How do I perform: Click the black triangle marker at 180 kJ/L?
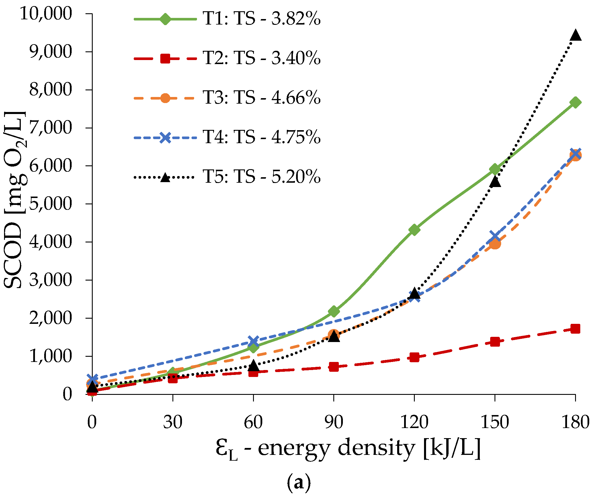[x=575, y=35]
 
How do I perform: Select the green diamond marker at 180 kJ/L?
[x=575, y=102]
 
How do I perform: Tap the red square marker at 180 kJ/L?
[x=575, y=329]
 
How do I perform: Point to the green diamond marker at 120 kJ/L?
[x=414, y=230]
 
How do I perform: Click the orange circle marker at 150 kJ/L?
[x=495, y=244]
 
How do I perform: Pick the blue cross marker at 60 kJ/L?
[x=253, y=341]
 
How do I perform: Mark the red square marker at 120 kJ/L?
[x=414, y=357]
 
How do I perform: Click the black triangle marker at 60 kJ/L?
[x=253, y=365]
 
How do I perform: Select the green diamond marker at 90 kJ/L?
[x=334, y=311]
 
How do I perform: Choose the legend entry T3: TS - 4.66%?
[x=261, y=98]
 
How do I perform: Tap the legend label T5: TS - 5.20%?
[x=261, y=177]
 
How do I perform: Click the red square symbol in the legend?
[x=165, y=59]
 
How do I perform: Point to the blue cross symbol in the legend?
[x=165, y=137]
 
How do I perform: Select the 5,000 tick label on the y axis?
[x=50, y=204]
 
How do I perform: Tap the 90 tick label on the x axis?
[x=334, y=422]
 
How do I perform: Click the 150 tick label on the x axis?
[x=495, y=422]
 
